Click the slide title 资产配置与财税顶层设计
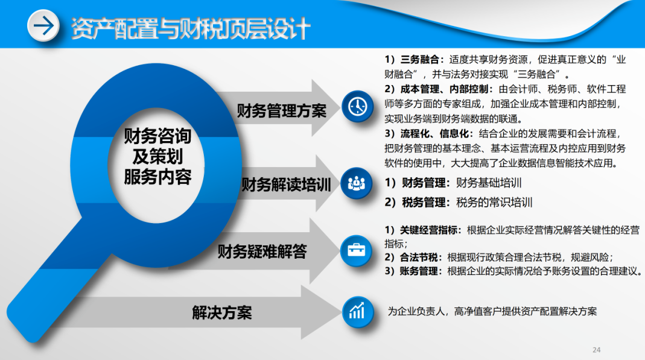coord(191,27)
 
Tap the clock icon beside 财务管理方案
coord(357,107)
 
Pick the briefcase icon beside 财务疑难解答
coord(357,250)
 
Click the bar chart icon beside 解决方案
coord(357,311)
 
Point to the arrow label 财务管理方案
coord(282,111)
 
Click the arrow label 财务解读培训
coord(286,185)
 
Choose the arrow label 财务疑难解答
coord(262,251)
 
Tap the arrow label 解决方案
coord(222,312)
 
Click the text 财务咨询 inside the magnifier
coord(157,136)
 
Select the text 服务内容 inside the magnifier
coord(157,177)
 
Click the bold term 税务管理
coord(426,203)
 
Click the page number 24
coord(597,350)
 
